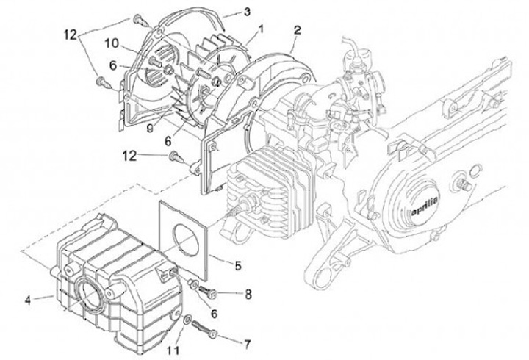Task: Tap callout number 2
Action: (296, 30)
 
